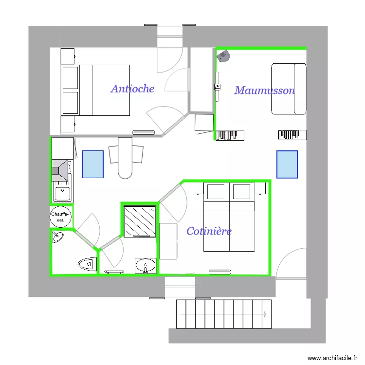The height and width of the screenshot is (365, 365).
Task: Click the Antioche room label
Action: [132, 89]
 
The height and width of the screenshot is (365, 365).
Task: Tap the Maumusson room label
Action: [264, 91]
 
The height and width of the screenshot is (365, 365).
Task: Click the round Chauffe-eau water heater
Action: [61, 217]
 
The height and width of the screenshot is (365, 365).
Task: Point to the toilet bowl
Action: [87, 264]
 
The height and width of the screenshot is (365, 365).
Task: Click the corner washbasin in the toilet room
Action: [58, 237]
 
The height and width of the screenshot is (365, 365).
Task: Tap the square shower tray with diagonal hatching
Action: [139, 221]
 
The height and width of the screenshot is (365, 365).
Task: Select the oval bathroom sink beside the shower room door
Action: [145, 266]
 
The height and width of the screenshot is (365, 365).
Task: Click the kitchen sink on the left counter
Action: [62, 194]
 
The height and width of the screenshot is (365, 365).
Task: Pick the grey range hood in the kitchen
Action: [60, 170]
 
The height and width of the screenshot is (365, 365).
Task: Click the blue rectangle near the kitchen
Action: [93, 164]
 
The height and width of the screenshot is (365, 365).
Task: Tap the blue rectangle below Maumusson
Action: [287, 164]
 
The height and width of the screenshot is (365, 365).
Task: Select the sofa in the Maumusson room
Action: [289, 89]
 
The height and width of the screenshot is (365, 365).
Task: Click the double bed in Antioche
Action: [95, 91]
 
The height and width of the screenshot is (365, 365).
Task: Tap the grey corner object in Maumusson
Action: [223, 56]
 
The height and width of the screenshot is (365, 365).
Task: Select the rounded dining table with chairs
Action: [126, 157]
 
